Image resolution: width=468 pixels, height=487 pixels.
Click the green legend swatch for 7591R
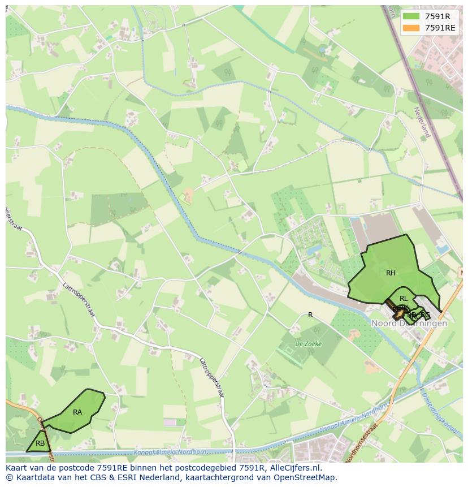[x=411, y=16]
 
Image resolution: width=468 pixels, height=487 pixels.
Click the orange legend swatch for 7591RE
[x=411, y=28]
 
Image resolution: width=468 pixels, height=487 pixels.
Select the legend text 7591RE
[x=440, y=28]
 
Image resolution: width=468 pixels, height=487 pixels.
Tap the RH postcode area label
[x=391, y=273]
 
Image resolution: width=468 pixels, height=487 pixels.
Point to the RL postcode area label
[x=404, y=299]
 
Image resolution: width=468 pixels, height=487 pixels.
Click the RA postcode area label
[x=77, y=412]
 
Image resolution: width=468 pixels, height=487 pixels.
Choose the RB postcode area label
[x=40, y=443]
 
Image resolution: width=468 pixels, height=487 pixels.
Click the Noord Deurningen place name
[x=409, y=324]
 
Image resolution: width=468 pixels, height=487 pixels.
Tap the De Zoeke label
[x=308, y=343]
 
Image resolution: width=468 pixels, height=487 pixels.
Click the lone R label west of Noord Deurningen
[x=310, y=315]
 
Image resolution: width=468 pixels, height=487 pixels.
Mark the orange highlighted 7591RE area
[x=401, y=312]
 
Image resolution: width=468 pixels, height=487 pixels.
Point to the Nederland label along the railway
[x=422, y=122]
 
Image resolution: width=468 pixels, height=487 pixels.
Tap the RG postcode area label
[x=426, y=315]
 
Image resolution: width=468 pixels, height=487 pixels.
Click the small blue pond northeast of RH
[x=441, y=248]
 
